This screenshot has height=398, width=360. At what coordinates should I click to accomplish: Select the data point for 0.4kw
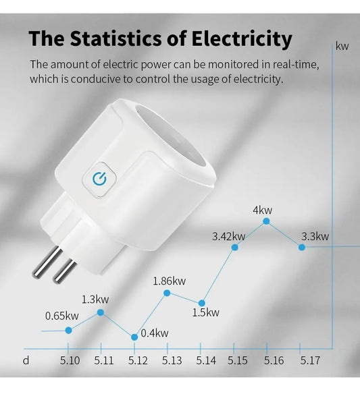click(134, 336)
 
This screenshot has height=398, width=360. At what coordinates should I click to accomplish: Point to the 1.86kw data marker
click(167, 292)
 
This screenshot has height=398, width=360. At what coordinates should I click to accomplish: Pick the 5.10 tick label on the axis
click(70, 360)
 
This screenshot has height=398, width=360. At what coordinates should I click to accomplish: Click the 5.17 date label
click(310, 360)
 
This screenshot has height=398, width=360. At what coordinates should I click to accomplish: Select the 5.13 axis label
click(172, 360)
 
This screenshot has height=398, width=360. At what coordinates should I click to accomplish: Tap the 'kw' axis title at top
click(342, 46)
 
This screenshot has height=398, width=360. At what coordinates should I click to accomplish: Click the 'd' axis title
click(26, 360)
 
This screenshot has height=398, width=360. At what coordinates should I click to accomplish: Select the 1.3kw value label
click(95, 299)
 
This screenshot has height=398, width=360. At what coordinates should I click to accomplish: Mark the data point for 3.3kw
click(302, 247)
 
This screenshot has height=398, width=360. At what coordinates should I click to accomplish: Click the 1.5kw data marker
click(201, 302)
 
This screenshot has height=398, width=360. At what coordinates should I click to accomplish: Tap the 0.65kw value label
click(62, 316)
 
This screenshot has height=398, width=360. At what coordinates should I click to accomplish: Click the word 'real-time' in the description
click(294, 65)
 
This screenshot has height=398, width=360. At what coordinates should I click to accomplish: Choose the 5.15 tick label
click(238, 360)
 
